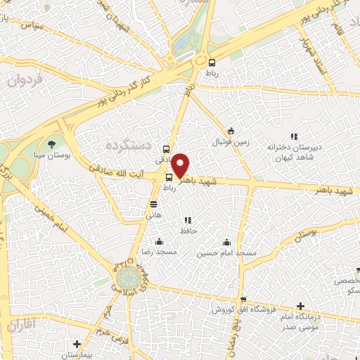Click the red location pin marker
[x=181, y=165]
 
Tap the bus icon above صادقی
[x=166, y=148]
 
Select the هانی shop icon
[x=153, y=205]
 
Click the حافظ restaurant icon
[x=186, y=220]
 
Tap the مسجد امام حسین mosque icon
[x=226, y=241]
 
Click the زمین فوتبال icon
[x=231, y=131]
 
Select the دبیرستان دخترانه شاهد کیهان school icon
[x=294, y=136]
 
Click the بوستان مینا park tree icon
[x=51, y=143]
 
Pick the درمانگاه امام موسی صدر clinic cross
[x=301, y=306]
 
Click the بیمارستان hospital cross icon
[x=77, y=344]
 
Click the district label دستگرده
[x=129, y=145]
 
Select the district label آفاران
[x=22, y=326]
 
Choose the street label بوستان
[x=303, y=231]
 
